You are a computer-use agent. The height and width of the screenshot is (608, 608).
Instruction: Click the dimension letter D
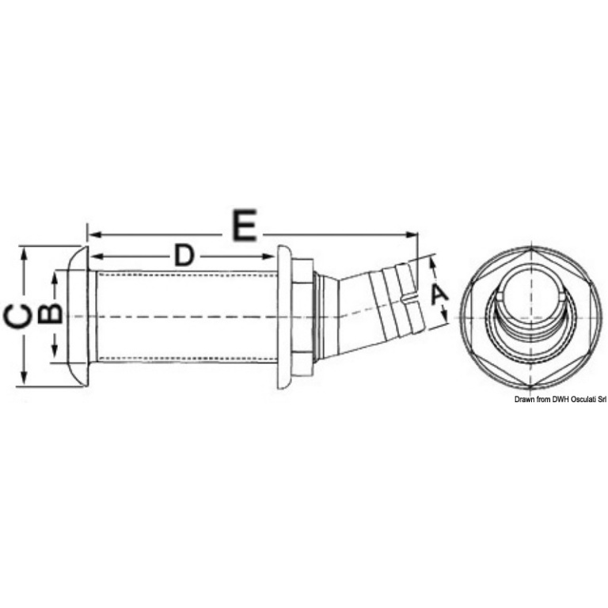[x=184, y=256]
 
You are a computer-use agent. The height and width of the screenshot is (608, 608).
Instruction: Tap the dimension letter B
[x=50, y=314]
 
